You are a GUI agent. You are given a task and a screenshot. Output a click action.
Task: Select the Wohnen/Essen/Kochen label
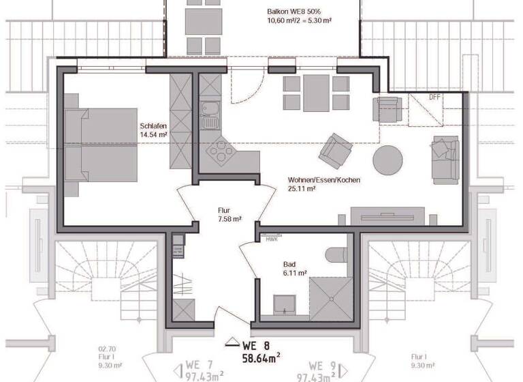point(324,180)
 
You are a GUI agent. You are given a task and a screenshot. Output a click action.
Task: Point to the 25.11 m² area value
point(301,189)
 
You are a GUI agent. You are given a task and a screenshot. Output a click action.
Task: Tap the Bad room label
point(290,263)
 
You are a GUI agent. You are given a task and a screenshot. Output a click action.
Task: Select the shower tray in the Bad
point(330,300)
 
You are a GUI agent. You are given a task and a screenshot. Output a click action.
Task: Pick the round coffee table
point(388,160)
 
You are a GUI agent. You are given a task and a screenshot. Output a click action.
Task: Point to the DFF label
point(434,97)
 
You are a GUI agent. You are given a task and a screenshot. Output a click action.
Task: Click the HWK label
point(272,239)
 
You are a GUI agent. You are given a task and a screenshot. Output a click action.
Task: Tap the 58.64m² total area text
point(261,356)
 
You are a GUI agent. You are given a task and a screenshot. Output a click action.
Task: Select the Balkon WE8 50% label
point(299,12)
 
